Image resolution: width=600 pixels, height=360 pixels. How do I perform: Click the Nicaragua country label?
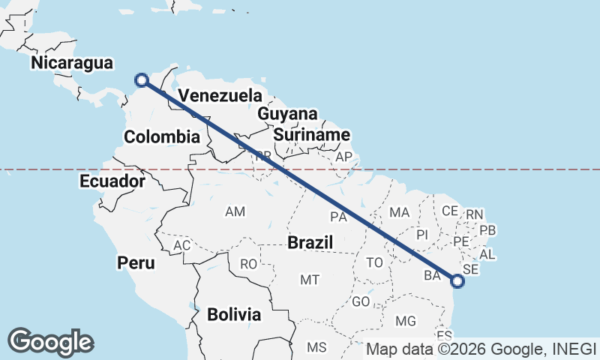[72, 63]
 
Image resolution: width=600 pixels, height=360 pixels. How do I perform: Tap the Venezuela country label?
[220, 96]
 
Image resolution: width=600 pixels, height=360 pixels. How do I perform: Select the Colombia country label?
[162, 137]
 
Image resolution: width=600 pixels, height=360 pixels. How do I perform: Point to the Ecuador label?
[112, 181]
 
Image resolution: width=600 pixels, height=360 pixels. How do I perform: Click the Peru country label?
[136, 262]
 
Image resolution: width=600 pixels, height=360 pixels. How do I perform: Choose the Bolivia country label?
[234, 314]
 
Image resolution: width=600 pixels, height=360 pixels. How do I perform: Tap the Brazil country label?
[310, 243]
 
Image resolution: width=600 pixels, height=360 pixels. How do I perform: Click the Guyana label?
[287, 114]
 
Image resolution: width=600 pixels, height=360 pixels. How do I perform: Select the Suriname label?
[311, 135]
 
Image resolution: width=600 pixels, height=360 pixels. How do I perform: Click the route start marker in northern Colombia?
[141, 80]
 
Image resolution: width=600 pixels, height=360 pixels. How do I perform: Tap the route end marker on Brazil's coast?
[457, 281]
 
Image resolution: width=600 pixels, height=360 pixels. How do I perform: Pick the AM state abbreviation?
[235, 212]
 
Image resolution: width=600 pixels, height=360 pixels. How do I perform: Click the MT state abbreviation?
[310, 280]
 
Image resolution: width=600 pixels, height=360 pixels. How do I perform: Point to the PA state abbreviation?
[338, 217]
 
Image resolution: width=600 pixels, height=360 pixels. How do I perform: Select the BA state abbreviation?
[433, 275]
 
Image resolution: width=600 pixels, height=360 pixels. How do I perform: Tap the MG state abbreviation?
[405, 321]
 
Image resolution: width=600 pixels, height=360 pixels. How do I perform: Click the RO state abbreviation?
[248, 264]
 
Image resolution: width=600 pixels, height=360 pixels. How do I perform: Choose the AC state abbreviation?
[182, 246]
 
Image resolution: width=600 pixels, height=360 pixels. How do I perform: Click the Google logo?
[51, 341]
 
